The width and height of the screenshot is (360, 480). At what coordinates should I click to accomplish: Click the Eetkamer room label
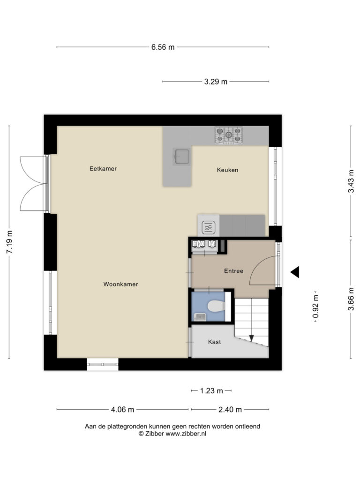coord(103,169)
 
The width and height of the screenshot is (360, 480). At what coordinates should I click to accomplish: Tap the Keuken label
coord(227,170)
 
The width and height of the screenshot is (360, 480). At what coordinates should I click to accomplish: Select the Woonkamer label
coord(120,284)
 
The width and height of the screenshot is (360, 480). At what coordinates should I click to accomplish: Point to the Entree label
coord(233,271)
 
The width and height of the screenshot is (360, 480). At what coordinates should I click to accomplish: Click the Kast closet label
coord(214,342)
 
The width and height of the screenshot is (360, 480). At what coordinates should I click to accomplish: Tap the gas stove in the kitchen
coord(228,135)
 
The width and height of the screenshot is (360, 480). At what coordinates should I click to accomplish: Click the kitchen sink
coord(182,157)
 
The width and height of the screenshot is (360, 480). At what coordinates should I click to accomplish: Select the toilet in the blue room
coord(216,306)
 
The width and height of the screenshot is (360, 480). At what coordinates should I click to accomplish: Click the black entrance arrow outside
coord(295,272)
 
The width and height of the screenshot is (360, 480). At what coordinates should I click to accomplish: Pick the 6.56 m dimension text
coord(163,47)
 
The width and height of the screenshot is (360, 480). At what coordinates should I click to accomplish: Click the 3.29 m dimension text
coord(216,82)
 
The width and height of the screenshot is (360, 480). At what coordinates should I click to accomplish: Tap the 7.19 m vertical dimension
coord(9,242)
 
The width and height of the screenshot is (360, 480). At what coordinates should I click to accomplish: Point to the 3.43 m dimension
coord(351,181)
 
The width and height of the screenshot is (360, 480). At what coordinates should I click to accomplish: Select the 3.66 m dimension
coord(351,299)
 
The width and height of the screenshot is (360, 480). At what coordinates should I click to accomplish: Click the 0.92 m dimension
coord(315,307)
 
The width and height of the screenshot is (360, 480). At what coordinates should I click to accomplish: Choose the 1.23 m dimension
coord(211,391)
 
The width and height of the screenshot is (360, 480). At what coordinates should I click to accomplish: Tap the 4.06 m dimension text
coord(122,410)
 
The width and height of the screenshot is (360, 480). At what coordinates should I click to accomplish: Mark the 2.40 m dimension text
coord(230,410)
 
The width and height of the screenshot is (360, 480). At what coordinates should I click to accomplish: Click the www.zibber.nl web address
coord(186,434)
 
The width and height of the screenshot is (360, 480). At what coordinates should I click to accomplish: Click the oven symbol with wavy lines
coord(208,227)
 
